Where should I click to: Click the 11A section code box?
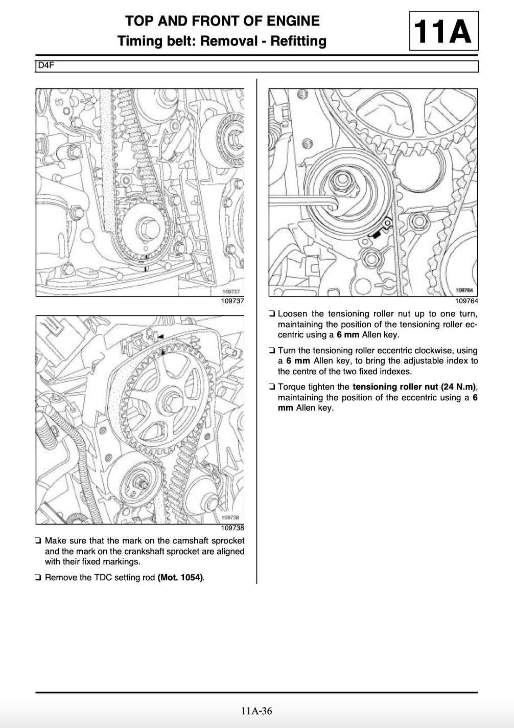pyautogui.click(x=443, y=31)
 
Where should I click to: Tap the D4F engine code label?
pyautogui.click(x=46, y=65)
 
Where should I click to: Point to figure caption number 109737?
pyautogui.click(x=232, y=301)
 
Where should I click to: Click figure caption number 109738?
pyautogui.click(x=232, y=528)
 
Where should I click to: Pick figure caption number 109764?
pyautogui.click(x=466, y=301)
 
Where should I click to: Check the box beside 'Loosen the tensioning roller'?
pyautogui.click(x=271, y=314)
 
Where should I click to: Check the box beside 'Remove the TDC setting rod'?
pyautogui.click(x=38, y=578)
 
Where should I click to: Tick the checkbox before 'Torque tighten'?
pyautogui.click(x=271, y=386)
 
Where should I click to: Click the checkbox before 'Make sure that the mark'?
pyautogui.click(x=38, y=541)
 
